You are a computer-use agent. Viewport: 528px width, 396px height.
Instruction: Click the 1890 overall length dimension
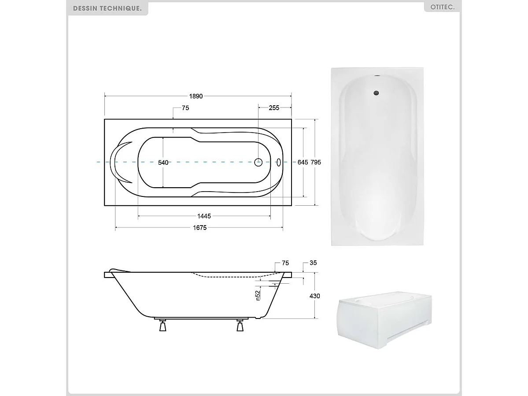click(x=196, y=96)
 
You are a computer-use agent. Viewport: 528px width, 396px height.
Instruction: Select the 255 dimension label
click(x=274, y=108)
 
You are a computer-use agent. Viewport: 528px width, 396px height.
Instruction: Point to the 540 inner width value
click(x=163, y=163)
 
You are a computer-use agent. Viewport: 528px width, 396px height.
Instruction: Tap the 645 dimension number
click(x=303, y=162)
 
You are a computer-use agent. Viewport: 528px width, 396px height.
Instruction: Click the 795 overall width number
click(x=316, y=162)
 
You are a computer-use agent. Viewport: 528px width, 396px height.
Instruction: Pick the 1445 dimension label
click(x=204, y=216)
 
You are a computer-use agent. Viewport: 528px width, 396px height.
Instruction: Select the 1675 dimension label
click(x=199, y=227)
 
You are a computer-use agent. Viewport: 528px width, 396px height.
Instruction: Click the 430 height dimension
click(x=315, y=296)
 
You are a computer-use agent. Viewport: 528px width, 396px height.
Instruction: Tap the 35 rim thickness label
click(x=313, y=263)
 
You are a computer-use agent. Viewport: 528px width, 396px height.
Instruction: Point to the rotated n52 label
click(x=258, y=295)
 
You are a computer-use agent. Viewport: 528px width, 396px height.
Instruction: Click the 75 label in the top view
click(x=185, y=108)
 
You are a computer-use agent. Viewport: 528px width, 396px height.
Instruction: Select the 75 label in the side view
click(x=285, y=263)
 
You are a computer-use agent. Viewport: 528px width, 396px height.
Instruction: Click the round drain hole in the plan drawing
click(x=258, y=162)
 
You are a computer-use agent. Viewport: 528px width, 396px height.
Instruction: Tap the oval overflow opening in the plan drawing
click(x=278, y=162)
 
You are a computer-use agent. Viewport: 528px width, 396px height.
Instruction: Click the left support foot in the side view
click(x=163, y=326)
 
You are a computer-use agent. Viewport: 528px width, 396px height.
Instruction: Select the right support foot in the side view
click(x=240, y=326)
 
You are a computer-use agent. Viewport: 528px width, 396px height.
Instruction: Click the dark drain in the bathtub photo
click(x=376, y=93)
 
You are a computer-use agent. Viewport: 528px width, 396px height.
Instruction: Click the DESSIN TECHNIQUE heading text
click(x=107, y=8)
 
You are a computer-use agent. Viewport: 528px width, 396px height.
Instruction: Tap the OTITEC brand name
click(x=442, y=7)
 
